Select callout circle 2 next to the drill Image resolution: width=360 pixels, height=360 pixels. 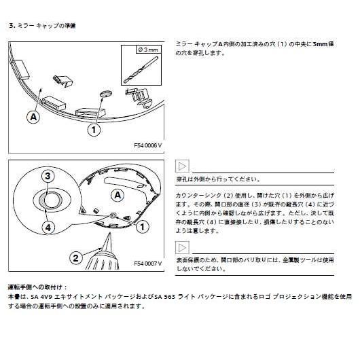[76, 257]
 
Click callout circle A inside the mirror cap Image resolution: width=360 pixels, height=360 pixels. [118, 195]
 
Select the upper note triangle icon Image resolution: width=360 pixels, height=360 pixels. [183, 166]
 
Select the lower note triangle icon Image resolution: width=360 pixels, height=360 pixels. [183, 247]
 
